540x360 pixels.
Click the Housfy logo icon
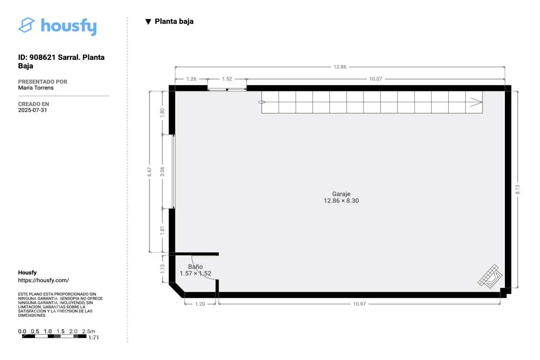[x=26, y=25]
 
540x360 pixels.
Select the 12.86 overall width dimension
[x=340, y=67]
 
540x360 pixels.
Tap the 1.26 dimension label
[x=191, y=79]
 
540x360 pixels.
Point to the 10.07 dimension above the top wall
[x=376, y=79]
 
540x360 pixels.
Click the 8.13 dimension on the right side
[x=517, y=189]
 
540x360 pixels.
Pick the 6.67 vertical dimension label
[x=149, y=172]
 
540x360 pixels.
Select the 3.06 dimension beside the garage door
[x=162, y=171]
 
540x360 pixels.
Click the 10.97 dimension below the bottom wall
[x=360, y=304]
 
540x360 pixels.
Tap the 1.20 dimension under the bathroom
[x=200, y=304]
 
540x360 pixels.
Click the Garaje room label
[x=341, y=194]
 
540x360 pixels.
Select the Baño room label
[x=195, y=266]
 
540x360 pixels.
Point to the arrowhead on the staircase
[x=476, y=102]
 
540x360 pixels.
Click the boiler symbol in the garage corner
[x=490, y=276]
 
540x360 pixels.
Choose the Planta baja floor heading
[x=174, y=21]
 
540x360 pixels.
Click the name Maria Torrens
[x=36, y=88]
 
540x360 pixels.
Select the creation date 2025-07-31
[x=32, y=110]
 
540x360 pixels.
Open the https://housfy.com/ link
[x=44, y=280]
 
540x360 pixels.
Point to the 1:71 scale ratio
[x=94, y=337]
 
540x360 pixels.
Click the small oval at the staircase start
[x=261, y=102]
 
